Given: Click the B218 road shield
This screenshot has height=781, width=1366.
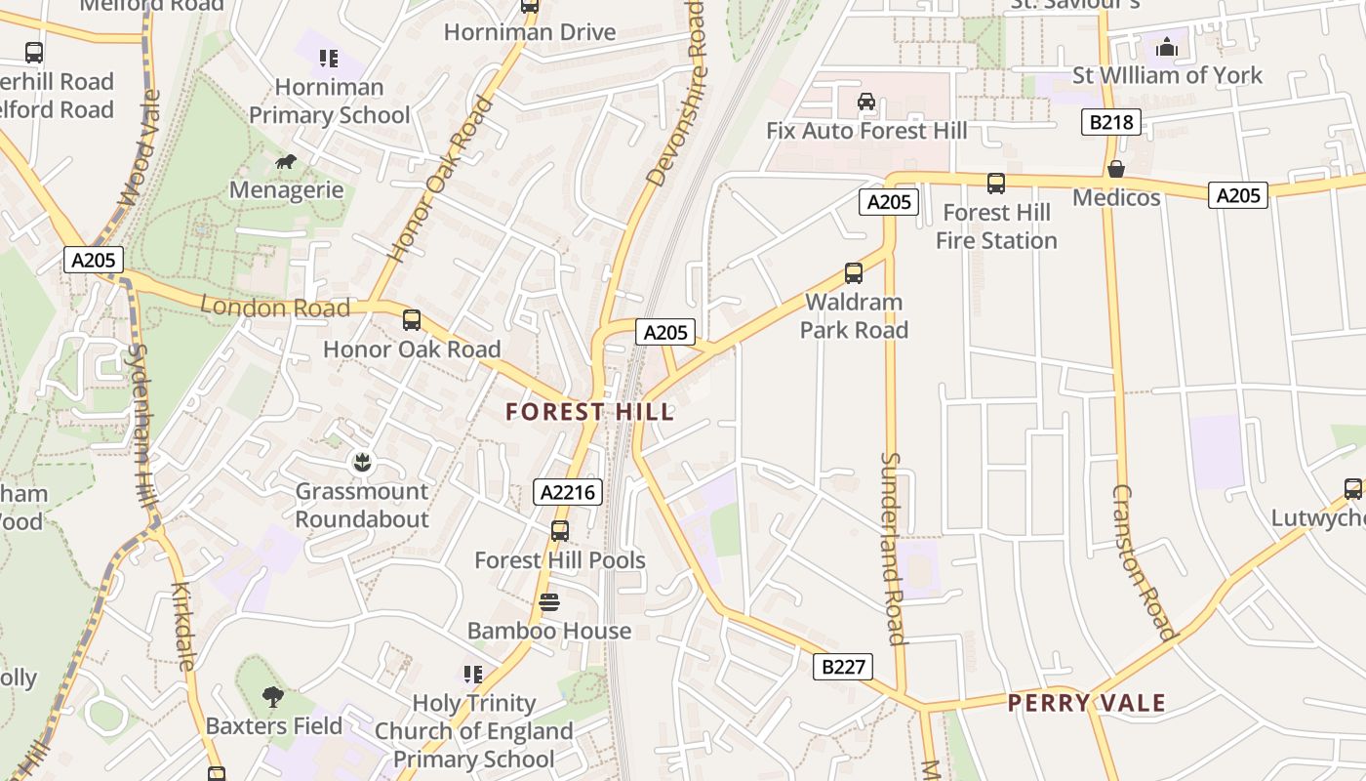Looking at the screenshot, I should pyautogui.click(x=1111, y=123).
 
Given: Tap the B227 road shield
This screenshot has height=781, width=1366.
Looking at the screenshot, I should pyautogui.click(x=843, y=667).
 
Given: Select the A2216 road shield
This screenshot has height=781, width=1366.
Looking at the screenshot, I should pyautogui.click(x=567, y=492).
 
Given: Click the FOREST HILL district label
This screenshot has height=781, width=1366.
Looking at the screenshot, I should pyautogui.click(x=590, y=412).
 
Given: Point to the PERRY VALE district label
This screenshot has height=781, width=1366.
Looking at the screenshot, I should pyautogui.click(x=1086, y=703).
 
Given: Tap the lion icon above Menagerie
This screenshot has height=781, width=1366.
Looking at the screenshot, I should pyautogui.click(x=286, y=162).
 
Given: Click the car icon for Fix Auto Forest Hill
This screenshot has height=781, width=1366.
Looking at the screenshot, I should pyautogui.click(x=865, y=102).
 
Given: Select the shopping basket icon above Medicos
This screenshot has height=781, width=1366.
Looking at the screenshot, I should pyautogui.click(x=1116, y=169).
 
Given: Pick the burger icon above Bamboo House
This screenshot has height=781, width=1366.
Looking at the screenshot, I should pyautogui.click(x=549, y=602).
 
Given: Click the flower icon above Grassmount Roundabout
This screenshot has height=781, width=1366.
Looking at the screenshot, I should pyautogui.click(x=362, y=462).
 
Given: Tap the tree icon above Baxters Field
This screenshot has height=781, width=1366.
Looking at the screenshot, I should pyautogui.click(x=273, y=697).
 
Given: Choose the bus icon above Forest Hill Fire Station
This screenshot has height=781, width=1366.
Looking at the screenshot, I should pyautogui.click(x=996, y=184).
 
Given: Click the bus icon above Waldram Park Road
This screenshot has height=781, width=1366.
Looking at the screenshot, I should pyautogui.click(x=854, y=273).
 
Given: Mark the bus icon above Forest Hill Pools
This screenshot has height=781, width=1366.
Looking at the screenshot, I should pyautogui.click(x=559, y=531).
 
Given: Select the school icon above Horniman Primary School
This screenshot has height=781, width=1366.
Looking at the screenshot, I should pyautogui.click(x=329, y=59).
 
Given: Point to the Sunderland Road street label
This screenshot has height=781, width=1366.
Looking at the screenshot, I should pyautogui.click(x=893, y=548).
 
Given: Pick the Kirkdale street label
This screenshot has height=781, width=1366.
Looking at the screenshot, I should pyautogui.click(x=183, y=626).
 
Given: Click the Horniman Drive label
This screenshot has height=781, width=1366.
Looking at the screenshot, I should pyautogui.click(x=530, y=32).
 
